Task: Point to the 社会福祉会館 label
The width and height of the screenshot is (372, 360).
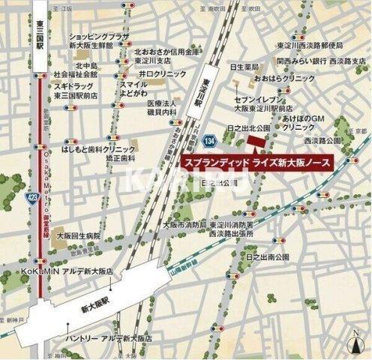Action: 76,76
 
